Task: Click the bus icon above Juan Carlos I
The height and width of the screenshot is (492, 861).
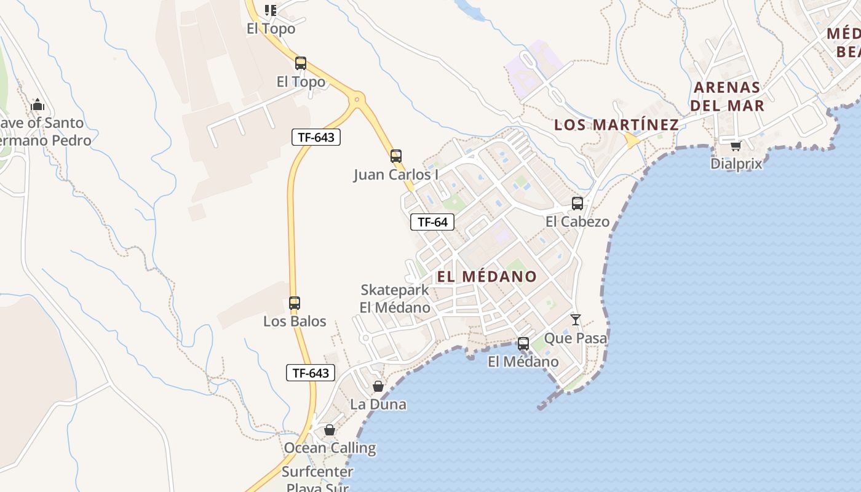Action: [396, 156]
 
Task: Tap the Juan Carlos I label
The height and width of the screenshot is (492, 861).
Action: [396, 175]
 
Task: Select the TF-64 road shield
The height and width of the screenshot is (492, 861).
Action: [432, 222]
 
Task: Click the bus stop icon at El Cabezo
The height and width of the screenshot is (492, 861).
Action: [577, 204]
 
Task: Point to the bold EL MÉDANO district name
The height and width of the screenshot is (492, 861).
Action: [486, 277]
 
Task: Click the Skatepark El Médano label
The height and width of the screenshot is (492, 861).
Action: [395, 298]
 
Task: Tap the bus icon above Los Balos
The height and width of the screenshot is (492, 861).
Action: [295, 303]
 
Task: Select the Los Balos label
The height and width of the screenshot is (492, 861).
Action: [295, 321]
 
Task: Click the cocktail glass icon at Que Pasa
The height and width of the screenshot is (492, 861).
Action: [576, 320]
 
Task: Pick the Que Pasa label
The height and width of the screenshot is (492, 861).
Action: [576, 338]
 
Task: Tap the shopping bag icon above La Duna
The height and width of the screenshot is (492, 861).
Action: [378, 387]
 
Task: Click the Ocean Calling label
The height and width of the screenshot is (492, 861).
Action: [330, 448]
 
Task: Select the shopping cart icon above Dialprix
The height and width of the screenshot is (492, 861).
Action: [736, 146]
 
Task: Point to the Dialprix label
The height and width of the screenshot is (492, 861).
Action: [736, 164]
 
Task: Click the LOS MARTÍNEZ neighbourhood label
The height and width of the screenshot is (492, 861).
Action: [616, 125]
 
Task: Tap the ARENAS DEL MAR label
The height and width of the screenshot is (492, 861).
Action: [727, 97]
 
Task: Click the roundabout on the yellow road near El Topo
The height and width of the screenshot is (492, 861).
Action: [356, 98]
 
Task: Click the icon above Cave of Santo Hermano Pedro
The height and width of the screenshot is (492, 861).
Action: [38, 105]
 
